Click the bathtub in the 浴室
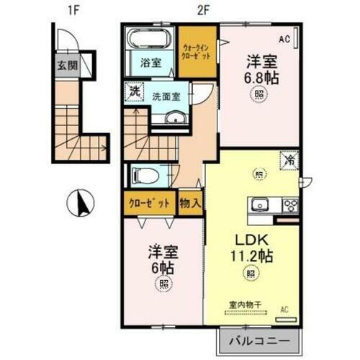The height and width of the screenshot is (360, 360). coord(149,40)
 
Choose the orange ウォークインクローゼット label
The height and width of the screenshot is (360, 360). coord(197,51)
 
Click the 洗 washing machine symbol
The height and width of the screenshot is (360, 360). coord(132,92)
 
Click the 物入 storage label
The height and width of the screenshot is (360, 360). coord(189,203)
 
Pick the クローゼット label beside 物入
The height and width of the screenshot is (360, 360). coord(149,203)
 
